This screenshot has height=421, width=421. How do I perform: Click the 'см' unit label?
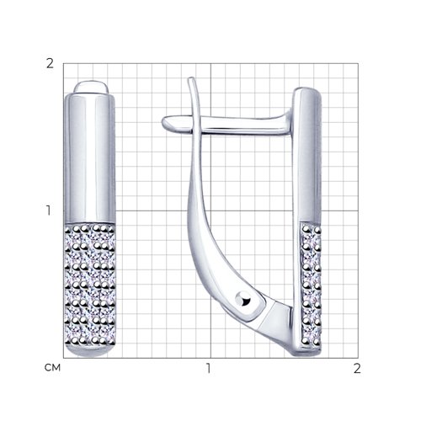point(52,367)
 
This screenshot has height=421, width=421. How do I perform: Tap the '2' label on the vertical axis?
point(50,64)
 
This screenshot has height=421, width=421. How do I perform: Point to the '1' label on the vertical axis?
point(49,210)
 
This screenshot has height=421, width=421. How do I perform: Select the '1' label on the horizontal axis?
point(209,368)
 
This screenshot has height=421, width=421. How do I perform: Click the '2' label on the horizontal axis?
point(357,368)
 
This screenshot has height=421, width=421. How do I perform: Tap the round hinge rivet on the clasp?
point(243,300)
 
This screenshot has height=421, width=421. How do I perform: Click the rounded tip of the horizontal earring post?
point(166,123)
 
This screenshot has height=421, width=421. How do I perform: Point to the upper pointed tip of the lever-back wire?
point(191,78)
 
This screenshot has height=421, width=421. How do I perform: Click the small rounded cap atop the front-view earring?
point(91,87)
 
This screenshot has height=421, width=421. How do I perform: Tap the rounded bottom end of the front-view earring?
point(90,351)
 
